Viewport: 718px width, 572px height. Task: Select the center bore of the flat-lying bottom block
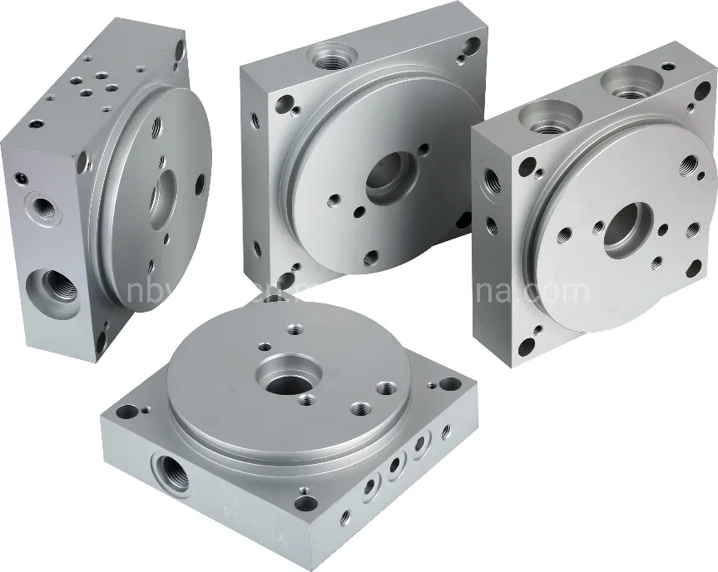pyautogui.click(x=285, y=383)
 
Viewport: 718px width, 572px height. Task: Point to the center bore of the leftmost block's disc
pyautogui.click(x=161, y=197)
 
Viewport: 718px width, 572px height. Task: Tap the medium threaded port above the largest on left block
pyautogui.click(x=39, y=205)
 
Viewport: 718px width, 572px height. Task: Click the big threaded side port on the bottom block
pyautogui.click(x=170, y=470)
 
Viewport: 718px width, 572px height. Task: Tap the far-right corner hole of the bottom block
pyautogui.click(x=449, y=384)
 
